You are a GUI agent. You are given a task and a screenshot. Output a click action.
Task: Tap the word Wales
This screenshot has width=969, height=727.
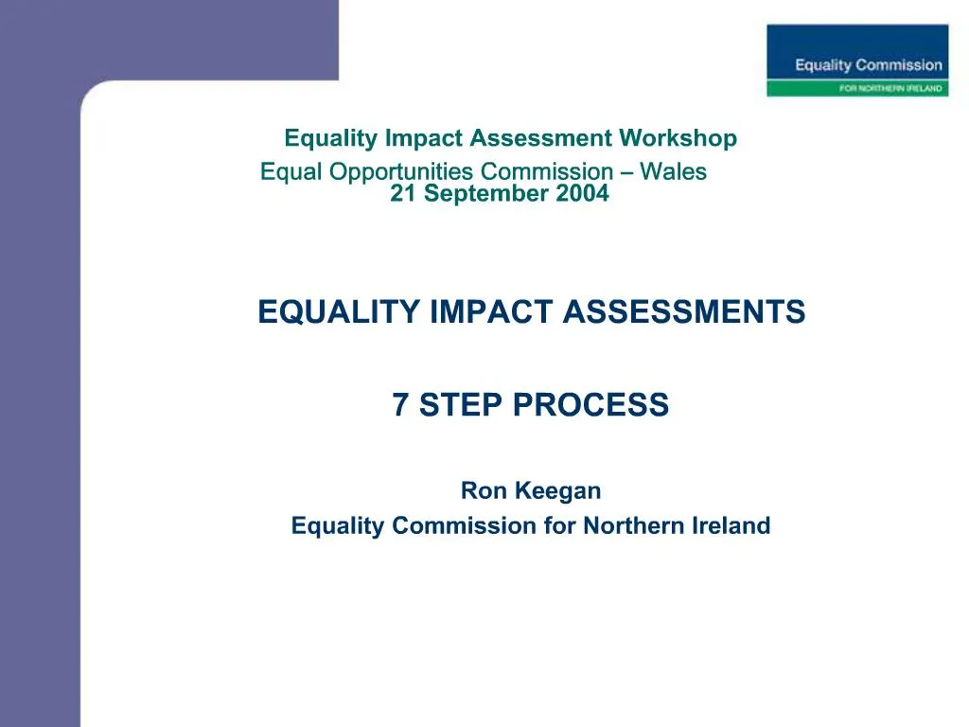673,171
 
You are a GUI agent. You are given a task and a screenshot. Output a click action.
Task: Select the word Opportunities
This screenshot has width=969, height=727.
408,172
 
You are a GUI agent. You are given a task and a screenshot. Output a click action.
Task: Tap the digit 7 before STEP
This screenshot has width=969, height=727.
400,405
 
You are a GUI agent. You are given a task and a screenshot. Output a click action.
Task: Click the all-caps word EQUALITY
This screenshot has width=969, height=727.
340,311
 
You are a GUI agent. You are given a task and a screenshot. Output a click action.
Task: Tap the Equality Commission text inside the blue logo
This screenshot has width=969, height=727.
869,65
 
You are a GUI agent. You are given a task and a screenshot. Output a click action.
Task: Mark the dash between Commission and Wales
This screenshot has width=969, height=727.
626,172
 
